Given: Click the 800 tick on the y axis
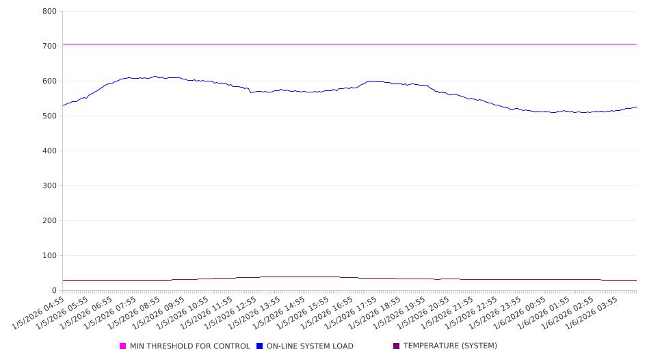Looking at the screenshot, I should point(49,11).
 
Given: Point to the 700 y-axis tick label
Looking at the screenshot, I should point(49,46).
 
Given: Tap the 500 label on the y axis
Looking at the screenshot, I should point(49,116).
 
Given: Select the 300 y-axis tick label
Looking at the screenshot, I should point(49,185).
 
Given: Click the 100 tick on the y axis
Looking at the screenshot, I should point(49,255).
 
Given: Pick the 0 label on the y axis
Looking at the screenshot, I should point(54,290).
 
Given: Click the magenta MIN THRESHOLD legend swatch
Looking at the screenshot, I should point(123,346).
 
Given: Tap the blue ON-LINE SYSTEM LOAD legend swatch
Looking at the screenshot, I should point(260,346).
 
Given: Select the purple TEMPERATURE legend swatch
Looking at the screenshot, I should point(397,346).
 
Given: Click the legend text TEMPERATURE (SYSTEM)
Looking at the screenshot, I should point(450,346).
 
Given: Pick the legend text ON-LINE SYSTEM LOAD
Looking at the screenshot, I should point(310,346).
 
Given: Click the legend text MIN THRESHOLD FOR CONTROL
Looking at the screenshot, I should point(190,346).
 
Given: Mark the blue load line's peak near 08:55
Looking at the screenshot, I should point(155,76).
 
